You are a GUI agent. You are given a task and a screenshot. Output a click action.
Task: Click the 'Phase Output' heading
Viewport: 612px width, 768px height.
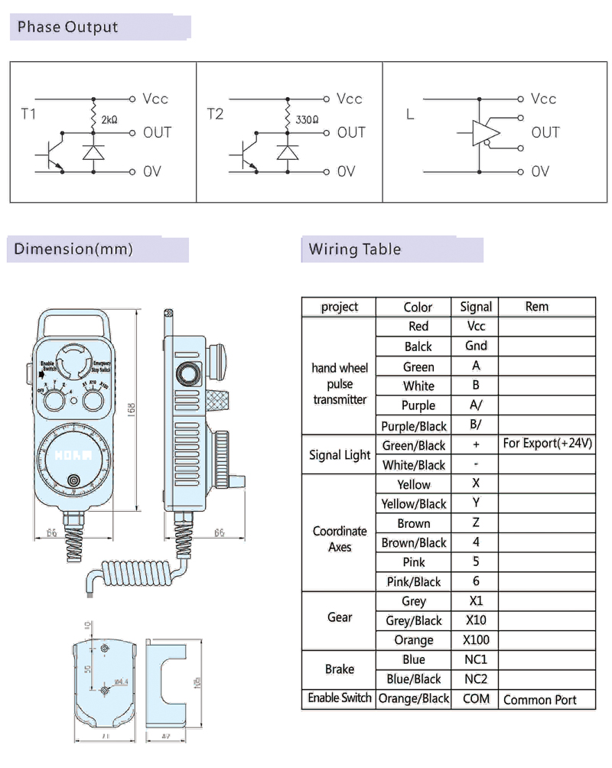68,28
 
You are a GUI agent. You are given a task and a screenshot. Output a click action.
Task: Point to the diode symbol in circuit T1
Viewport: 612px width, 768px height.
93,152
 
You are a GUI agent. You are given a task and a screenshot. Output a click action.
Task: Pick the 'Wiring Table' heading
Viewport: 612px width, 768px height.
354,249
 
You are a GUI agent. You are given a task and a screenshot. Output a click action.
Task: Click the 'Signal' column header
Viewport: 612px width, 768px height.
476,307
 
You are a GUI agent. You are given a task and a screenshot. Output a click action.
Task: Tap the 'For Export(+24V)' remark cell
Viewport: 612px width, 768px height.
548,444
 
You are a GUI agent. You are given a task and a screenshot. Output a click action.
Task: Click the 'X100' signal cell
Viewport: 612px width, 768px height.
476,640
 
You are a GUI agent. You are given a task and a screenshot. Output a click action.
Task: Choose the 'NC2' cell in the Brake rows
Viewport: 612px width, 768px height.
476,679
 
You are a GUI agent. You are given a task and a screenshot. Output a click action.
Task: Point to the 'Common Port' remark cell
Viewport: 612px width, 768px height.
540,699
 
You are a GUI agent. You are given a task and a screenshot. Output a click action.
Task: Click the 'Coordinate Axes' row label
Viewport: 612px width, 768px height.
340,539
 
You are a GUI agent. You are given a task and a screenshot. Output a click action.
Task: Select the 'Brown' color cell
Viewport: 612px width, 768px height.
414,524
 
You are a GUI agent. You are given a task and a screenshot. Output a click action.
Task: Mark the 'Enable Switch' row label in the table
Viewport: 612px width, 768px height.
340,698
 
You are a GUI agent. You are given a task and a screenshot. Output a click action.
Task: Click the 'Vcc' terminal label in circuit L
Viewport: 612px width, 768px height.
543,99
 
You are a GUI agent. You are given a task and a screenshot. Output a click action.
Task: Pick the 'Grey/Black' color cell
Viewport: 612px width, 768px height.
414,620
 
